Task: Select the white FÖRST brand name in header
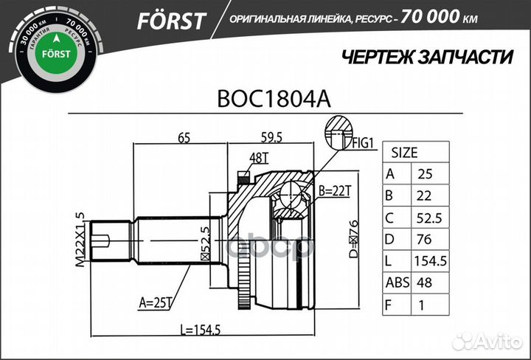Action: point(170,21)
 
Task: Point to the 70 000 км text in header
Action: point(447,19)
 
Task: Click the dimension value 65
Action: point(184,136)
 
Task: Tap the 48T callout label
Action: point(259,157)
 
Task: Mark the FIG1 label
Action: point(363,143)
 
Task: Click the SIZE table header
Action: point(404,153)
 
